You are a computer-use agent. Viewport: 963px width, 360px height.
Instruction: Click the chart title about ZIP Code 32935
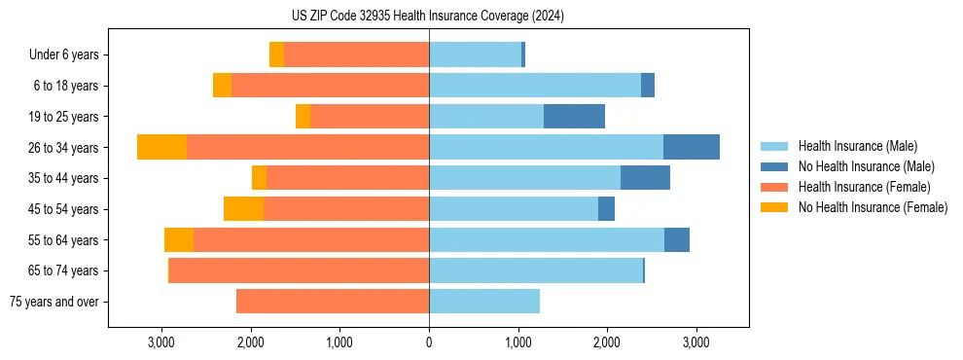[x=427, y=17]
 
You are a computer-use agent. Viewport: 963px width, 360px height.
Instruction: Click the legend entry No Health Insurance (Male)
[x=866, y=166]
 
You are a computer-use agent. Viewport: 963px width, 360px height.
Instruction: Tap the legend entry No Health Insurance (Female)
[x=873, y=207]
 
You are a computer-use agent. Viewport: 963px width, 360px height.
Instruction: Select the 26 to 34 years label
[x=65, y=147]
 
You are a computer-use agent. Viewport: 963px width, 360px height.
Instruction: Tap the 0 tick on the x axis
[x=429, y=342]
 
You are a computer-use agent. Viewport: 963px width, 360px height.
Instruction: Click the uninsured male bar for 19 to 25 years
[x=574, y=117]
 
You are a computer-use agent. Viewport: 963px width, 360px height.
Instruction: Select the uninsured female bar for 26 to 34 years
[x=161, y=147]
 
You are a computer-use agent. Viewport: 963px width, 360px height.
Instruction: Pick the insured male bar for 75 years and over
[x=484, y=302]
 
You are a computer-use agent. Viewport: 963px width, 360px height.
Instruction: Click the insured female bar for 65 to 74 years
[x=300, y=270]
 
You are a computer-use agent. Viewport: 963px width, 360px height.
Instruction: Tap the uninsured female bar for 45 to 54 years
[x=243, y=209]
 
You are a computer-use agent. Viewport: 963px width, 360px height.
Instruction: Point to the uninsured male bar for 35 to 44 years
[x=645, y=178]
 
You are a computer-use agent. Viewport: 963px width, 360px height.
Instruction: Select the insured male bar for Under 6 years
[x=476, y=54]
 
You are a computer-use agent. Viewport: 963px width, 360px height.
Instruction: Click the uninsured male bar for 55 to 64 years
[x=677, y=239]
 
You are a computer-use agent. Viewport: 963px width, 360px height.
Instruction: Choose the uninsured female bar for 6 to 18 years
[x=222, y=86]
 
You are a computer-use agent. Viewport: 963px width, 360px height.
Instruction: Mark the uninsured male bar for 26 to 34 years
[x=692, y=147]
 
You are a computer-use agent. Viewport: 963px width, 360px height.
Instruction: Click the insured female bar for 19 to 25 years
[x=370, y=117]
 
